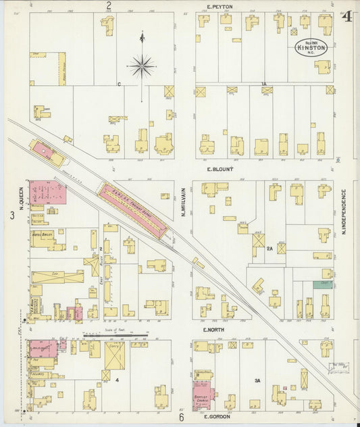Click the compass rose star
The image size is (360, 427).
(141, 66)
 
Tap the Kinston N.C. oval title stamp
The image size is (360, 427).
(311, 47)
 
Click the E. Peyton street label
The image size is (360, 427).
(220, 6)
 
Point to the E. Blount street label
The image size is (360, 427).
(220, 170)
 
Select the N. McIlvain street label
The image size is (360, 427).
(183, 204)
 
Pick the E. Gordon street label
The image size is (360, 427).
(217, 416)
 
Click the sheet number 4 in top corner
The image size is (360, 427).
(347, 16)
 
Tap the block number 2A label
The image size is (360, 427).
(269, 249)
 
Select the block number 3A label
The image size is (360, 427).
(257, 381)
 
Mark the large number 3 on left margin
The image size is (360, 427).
(11, 216)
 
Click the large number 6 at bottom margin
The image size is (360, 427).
(181, 418)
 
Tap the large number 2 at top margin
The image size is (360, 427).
(108, 5)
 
